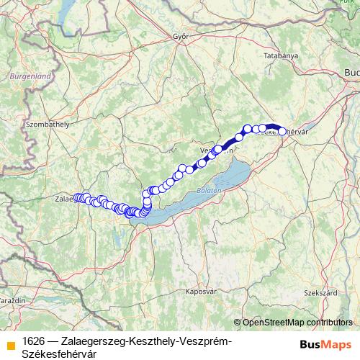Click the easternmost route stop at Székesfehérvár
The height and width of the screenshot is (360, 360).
coord(282,132)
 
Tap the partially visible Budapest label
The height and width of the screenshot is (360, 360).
coord(352,73)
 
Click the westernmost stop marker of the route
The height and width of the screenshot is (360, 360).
coord(76,197)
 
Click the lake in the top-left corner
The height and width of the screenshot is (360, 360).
coord(69,9)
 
